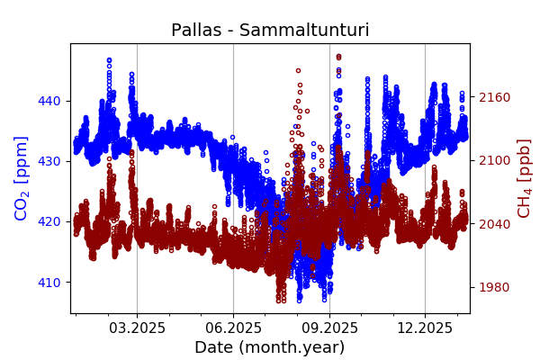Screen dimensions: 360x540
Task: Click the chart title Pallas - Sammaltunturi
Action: [270, 31]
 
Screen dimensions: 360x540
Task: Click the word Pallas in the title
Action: [197, 31]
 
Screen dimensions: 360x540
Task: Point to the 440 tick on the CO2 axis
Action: [49, 101]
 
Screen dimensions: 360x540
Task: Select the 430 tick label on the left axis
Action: [49, 161]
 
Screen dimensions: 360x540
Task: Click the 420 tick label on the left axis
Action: [49, 221]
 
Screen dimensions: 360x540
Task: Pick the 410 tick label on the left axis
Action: [49, 282]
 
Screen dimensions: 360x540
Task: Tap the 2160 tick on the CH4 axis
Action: [493, 97]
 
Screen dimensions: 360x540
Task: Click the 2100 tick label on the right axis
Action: [493, 160]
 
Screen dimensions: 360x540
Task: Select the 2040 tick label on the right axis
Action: [493, 224]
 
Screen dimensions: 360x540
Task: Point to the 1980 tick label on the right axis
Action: [493, 287]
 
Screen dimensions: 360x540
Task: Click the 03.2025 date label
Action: [137, 328]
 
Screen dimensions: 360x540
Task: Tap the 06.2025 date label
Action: [233, 328]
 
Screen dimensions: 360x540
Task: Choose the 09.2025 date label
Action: [329, 328]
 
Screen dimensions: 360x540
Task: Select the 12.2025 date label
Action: [425, 328]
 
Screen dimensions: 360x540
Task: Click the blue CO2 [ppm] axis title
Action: [22, 178]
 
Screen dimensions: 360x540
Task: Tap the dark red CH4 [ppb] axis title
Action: [524, 178]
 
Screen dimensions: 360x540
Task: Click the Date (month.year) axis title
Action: [270, 347]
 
